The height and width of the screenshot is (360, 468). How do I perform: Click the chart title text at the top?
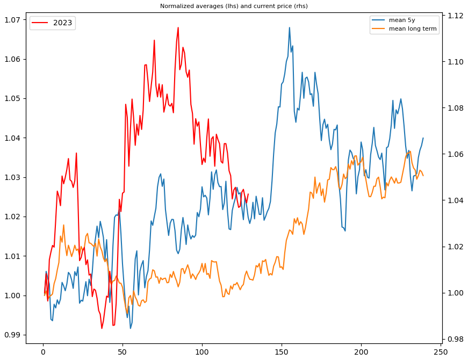click(234, 6)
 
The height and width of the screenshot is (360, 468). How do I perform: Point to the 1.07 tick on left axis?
click(12, 20)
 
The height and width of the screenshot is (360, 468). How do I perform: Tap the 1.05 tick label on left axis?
click(12, 99)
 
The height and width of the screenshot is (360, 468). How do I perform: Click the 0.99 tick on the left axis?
click(12, 335)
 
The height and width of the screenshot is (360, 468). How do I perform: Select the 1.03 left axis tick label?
click(12, 177)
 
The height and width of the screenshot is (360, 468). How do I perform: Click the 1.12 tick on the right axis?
click(455, 16)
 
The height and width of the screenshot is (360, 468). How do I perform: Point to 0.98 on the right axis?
click(455, 339)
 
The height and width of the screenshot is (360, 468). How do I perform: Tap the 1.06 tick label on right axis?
click(455, 154)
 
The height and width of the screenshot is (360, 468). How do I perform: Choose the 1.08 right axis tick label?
click(455, 108)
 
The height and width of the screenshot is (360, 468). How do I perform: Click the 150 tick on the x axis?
click(282, 351)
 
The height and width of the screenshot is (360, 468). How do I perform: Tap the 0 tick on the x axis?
click(43, 351)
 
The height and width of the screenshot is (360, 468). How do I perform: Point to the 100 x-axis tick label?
click(202, 351)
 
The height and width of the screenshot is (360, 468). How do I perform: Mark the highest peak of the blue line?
click(289, 27)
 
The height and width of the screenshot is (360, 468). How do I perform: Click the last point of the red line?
click(248, 194)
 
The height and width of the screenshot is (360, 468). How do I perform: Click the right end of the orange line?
click(423, 176)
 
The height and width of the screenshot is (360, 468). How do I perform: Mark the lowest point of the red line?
click(102, 328)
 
